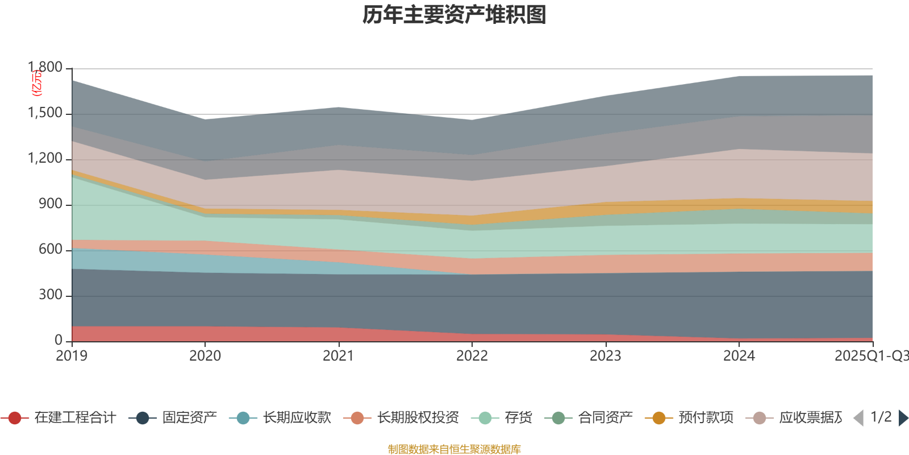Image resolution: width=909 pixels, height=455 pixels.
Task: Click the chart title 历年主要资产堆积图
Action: pyautogui.click(x=454, y=15)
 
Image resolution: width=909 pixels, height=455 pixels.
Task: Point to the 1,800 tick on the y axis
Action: pyautogui.click(x=45, y=68)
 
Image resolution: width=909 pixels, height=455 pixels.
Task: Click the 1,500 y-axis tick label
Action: pyautogui.click(x=45, y=113)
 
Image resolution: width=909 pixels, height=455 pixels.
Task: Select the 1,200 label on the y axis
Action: pyautogui.click(x=45, y=159)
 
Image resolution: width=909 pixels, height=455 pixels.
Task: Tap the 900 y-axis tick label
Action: pyautogui.click(x=50, y=204)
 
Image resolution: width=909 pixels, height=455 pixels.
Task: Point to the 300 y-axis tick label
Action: pyautogui.click(x=50, y=295)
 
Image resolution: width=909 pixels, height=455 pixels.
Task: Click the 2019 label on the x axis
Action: pyautogui.click(x=72, y=356)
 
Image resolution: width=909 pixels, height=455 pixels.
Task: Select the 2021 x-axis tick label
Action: pyautogui.click(x=339, y=356)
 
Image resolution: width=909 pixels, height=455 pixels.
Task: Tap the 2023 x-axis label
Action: pyautogui.click(x=605, y=356)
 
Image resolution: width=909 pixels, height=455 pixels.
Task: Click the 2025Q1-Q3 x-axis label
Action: pyautogui.click(x=870, y=356)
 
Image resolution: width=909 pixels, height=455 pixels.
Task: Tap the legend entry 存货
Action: pyautogui.click(x=506, y=418)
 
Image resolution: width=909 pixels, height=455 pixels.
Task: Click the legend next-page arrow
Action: pyautogui.click(x=903, y=418)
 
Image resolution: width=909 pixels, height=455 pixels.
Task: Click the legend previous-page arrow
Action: pyautogui.click(x=858, y=418)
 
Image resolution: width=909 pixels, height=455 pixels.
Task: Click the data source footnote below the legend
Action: pyautogui.click(x=454, y=449)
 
